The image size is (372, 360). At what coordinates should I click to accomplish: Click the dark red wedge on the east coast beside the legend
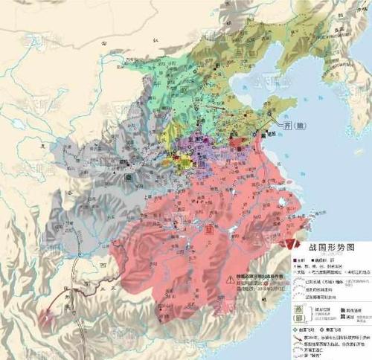[287, 242]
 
